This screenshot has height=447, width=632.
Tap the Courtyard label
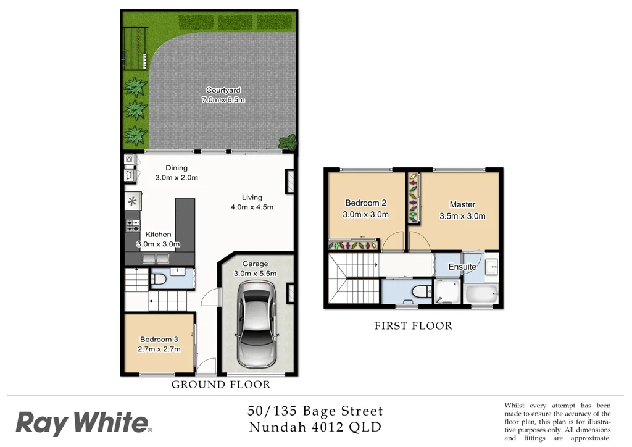[x=223, y=90]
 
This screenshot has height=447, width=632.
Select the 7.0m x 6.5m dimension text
[x=223, y=100]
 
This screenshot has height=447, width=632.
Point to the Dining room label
[x=176, y=168]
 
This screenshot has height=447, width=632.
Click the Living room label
[x=252, y=198]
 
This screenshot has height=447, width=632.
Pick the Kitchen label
[x=158, y=235]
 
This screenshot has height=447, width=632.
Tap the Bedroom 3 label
[x=159, y=340]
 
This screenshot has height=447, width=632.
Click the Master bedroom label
[x=462, y=205]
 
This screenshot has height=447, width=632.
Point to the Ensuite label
[x=462, y=267]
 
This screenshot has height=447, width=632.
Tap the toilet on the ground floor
[x=158, y=280]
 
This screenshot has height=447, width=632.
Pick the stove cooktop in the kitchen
[x=133, y=225]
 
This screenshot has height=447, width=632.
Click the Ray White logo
[x=83, y=424]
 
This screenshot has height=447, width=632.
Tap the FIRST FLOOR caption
[x=413, y=326]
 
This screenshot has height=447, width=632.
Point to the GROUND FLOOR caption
[x=220, y=385]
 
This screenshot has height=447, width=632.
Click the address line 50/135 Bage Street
[x=315, y=411]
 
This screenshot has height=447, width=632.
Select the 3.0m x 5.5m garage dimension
[x=255, y=274]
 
